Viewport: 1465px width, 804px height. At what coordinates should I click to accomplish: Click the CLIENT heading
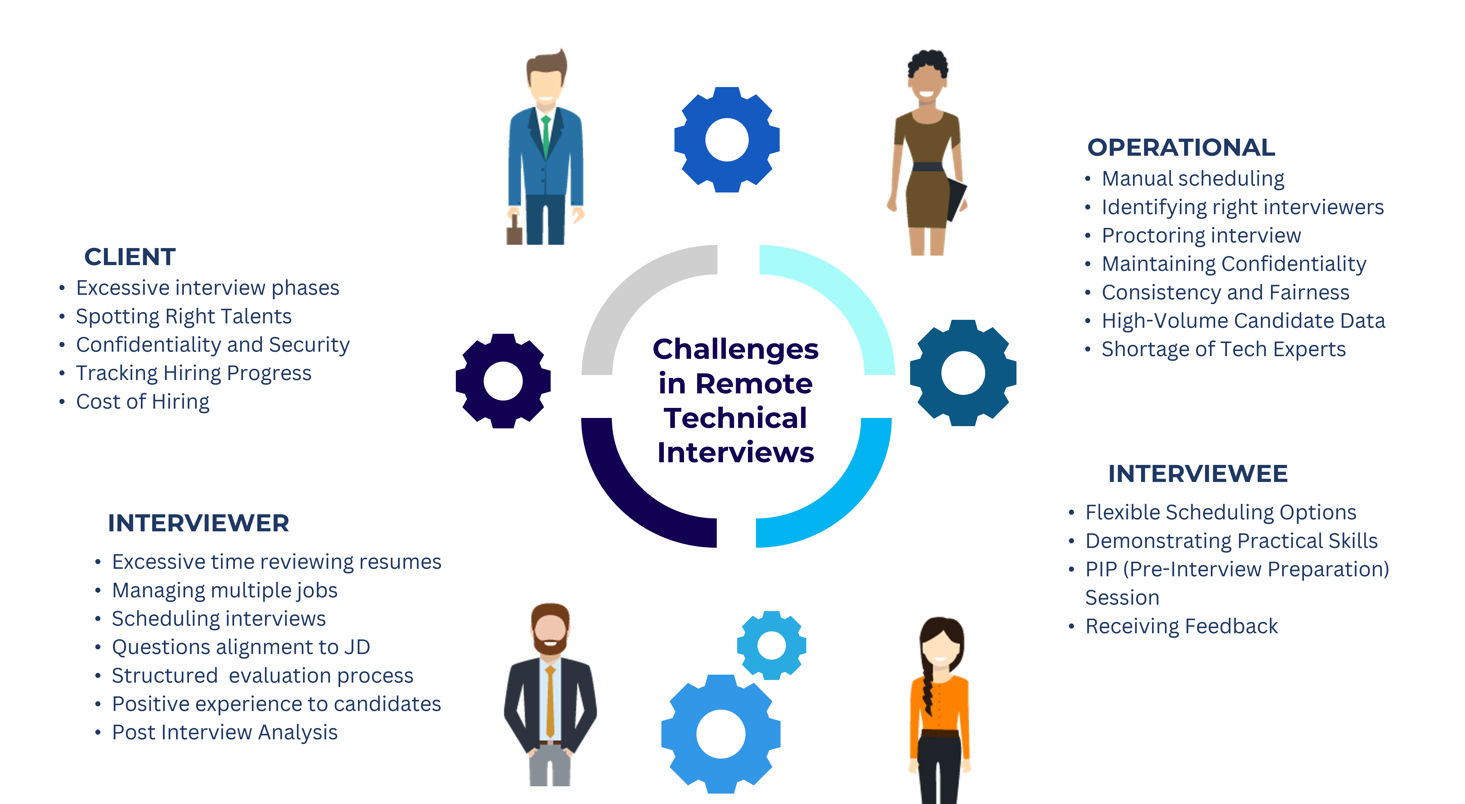pos(130,257)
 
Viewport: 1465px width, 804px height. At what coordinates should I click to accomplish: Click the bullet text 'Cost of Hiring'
pos(143,402)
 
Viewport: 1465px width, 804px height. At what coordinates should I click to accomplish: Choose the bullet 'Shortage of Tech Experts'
pos(1223,349)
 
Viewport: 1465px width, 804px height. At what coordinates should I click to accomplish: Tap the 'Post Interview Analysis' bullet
pos(225,732)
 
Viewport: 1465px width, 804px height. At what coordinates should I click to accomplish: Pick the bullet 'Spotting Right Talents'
pos(184,317)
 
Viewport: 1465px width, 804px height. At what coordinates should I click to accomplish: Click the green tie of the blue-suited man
pos(546,136)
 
